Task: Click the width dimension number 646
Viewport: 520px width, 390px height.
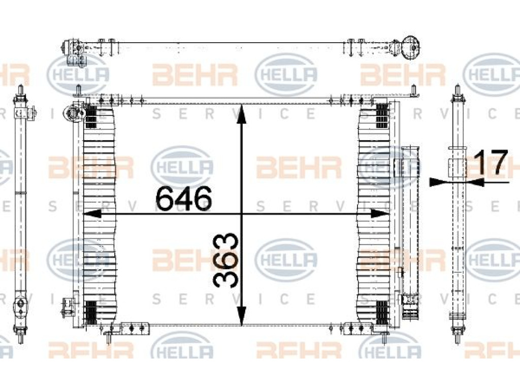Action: coord(183,199)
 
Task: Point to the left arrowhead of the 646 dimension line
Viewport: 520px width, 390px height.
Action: coord(91,214)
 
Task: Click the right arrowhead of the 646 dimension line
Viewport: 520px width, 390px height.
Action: coord(380,214)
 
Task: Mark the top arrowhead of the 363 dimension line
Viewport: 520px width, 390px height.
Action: coord(242,114)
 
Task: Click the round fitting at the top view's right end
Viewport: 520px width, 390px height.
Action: coord(411,48)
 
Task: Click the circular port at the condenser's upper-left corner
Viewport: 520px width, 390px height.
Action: coord(72,114)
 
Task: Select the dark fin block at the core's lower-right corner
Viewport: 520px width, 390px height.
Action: coord(382,312)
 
